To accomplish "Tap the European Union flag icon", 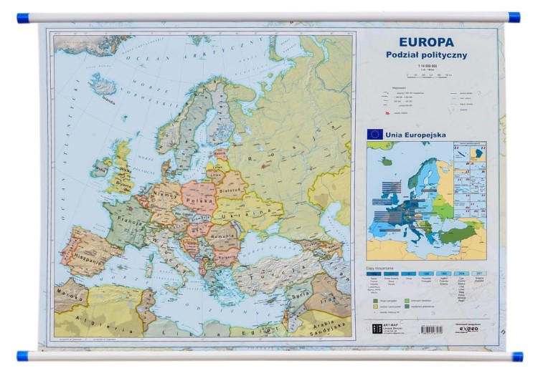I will [374, 133].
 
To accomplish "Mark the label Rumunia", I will [222, 236].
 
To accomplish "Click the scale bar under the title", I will [429, 74].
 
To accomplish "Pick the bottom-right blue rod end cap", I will [516, 356].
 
